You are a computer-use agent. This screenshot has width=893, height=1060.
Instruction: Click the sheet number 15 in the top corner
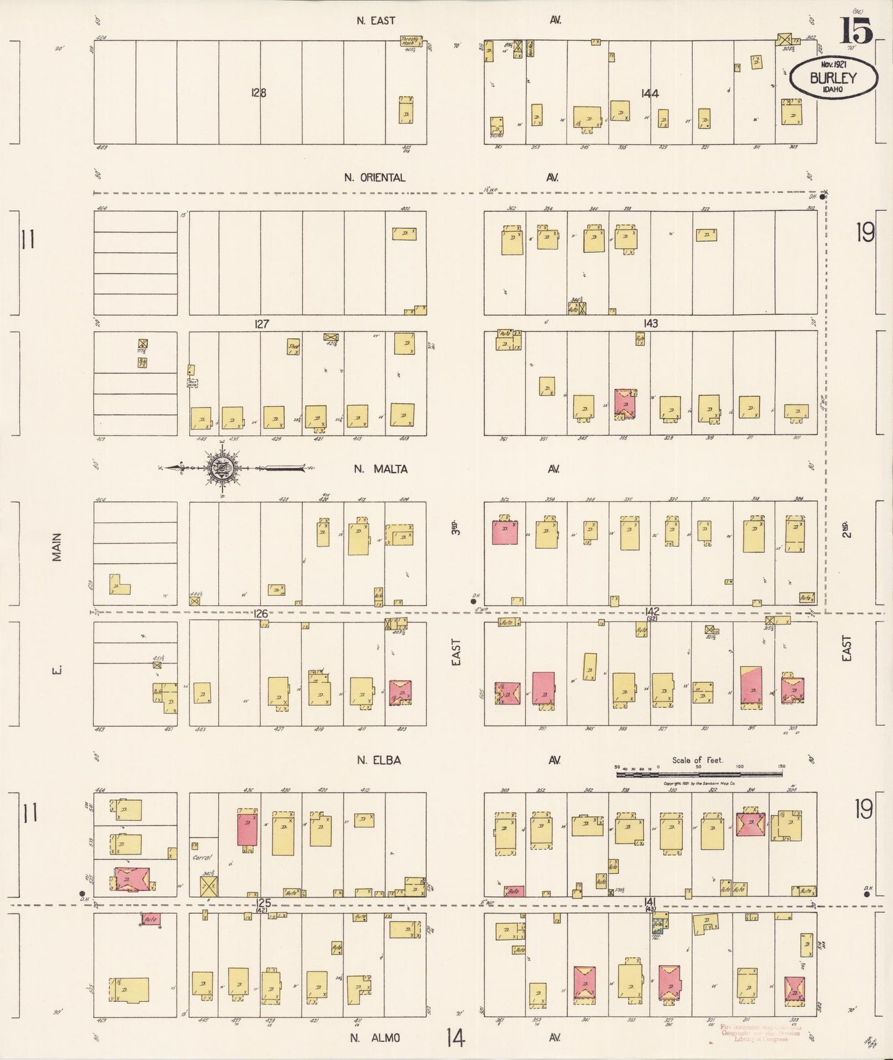point(856,30)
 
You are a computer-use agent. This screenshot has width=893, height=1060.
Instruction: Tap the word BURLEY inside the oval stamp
point(834,78)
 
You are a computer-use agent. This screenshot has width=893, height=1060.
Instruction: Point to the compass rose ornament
point(221,469)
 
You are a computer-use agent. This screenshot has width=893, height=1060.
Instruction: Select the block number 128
point(258,93)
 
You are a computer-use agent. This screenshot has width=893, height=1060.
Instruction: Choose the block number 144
point(650,94)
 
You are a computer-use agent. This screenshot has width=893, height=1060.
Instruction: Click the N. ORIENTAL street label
point(375,177)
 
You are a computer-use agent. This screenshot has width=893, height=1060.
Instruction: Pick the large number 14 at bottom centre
point(456,1037)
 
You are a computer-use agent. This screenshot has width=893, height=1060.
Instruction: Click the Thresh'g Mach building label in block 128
point(410,41)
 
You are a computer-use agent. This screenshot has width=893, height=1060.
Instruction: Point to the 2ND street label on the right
point(845,529)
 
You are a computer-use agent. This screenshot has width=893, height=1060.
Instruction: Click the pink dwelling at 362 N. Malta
point(504,532)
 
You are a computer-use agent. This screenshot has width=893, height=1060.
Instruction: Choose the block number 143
point(650,323)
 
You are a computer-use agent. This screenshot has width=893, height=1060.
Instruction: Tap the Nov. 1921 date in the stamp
point(833,64)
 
